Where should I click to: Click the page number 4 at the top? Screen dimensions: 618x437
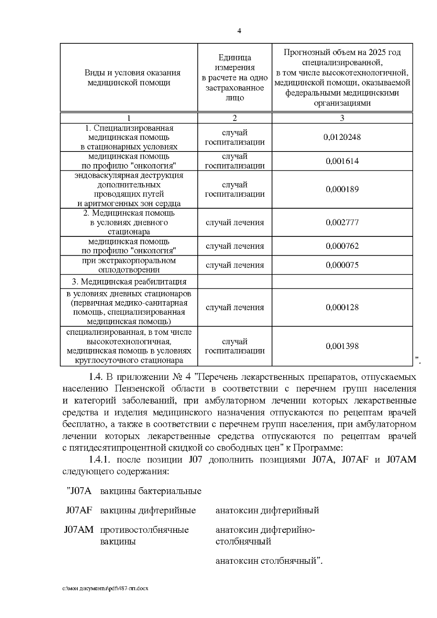click(x=239, y=31)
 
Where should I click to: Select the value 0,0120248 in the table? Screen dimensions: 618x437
click(x=342, y=137)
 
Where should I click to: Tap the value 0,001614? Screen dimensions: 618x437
click(x=342, y=161)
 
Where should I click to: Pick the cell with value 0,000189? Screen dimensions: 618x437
click(x=342, y=189)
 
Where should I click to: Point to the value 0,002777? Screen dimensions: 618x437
click(x=342, y=223)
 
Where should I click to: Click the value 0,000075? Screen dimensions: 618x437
click(x=342, y=265)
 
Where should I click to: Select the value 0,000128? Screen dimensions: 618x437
click(x=342, y=307)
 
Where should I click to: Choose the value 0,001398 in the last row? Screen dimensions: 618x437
click(x=342, y=346)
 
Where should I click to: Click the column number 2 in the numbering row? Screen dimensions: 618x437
click(x=235, y=118)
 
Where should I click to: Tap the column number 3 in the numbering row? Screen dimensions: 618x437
click(x=342, y=118)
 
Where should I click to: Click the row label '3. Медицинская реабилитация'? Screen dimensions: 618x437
click(x=129, y=282)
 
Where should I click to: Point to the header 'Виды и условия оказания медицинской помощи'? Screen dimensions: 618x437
click(x=129, y=78)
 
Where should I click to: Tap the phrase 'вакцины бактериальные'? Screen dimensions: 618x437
click(x=150, y=491)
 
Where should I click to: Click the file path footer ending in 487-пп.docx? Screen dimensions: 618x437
click(x=106, y=589)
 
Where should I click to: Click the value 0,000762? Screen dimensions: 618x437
click(x=342, y=246)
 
